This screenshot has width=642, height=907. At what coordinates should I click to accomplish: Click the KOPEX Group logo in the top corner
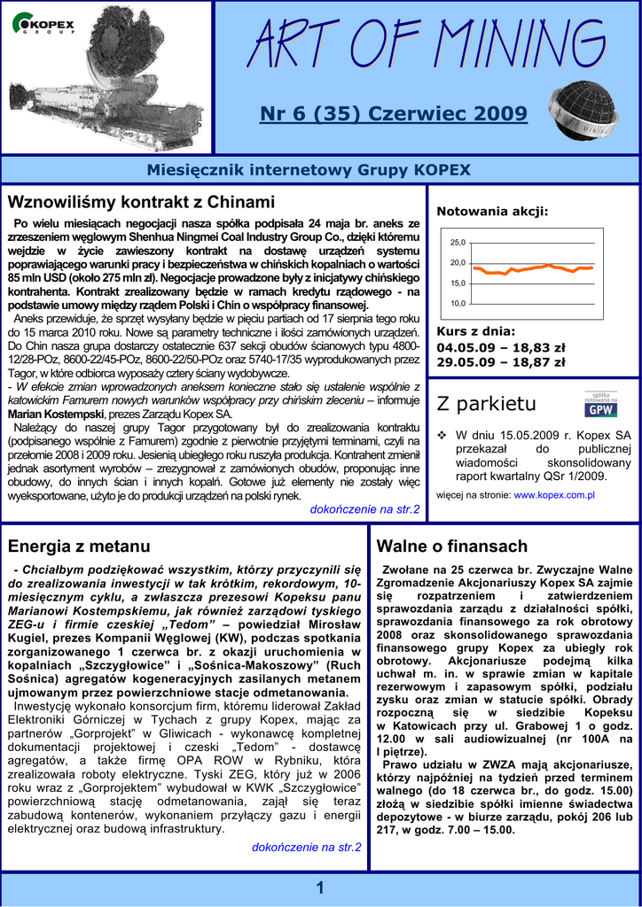click(43, 24)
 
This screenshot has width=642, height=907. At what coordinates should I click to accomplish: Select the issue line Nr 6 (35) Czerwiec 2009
click(393, 114)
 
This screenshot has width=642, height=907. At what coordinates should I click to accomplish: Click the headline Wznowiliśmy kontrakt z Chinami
click(141, 202)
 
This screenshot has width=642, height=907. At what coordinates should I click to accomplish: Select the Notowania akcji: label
click(492, 211)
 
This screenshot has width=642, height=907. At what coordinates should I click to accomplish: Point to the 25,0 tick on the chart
click(458, 243)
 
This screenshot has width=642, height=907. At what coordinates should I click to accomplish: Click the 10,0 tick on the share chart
click(458, 304)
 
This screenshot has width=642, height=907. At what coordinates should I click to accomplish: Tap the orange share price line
click(532, 267)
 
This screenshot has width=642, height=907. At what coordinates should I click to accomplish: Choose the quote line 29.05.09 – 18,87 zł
click(500, 361)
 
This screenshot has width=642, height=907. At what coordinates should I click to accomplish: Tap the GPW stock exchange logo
click(600, 404)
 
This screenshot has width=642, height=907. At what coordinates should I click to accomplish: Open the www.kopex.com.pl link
click(554, 494)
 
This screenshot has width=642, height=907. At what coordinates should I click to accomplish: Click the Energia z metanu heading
click(79, 546)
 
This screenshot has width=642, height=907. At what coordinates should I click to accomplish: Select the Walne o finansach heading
click(451, 546)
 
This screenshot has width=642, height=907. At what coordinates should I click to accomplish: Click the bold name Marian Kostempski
click(56, 414)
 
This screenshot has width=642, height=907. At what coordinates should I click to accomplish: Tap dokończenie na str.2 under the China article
click(364, 509)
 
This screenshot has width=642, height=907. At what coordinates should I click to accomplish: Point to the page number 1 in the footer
click(320, 888)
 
